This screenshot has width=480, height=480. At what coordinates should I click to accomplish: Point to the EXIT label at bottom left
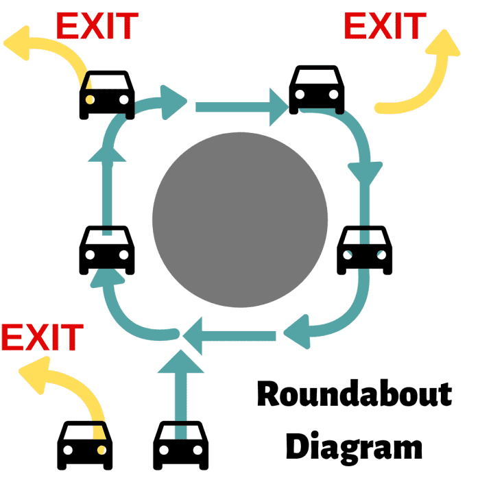click(x=42, y=337)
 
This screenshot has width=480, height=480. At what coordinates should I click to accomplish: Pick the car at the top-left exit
click(x=106, y=93)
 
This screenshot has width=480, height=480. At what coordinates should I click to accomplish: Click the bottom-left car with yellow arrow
click(x=85, y=444)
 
